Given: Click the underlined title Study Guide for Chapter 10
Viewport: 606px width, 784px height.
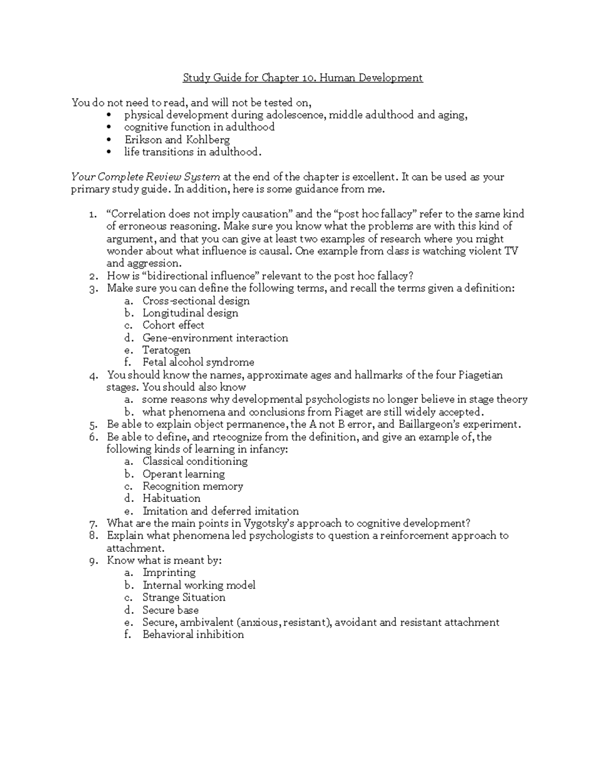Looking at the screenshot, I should (x=302, y=78).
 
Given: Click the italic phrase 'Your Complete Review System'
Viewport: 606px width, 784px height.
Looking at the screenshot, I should (x=145, y=177).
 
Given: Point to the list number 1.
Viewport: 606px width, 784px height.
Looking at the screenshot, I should (x=92, y=214).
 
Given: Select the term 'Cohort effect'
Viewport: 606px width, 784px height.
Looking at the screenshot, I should (x=173, y=325).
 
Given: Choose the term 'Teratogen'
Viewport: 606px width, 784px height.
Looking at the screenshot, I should (x=166, y=350).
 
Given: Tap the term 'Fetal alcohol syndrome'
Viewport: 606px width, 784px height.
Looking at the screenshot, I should (x=198, y=362).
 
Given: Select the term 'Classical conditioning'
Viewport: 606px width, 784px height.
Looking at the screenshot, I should (x=195, y=461).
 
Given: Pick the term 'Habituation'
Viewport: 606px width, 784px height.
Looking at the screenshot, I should (x=171, y=498).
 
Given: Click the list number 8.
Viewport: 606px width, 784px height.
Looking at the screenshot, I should (x=92, y=536).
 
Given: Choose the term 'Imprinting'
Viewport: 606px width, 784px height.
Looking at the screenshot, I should (x=169, y=572).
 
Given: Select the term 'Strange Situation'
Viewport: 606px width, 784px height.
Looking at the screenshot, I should (x=184, y=597).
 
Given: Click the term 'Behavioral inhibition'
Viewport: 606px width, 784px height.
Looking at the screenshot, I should (x=193, y=635).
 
